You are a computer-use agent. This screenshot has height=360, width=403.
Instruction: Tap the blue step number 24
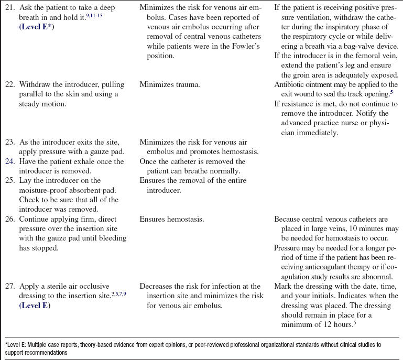point(9,161)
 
